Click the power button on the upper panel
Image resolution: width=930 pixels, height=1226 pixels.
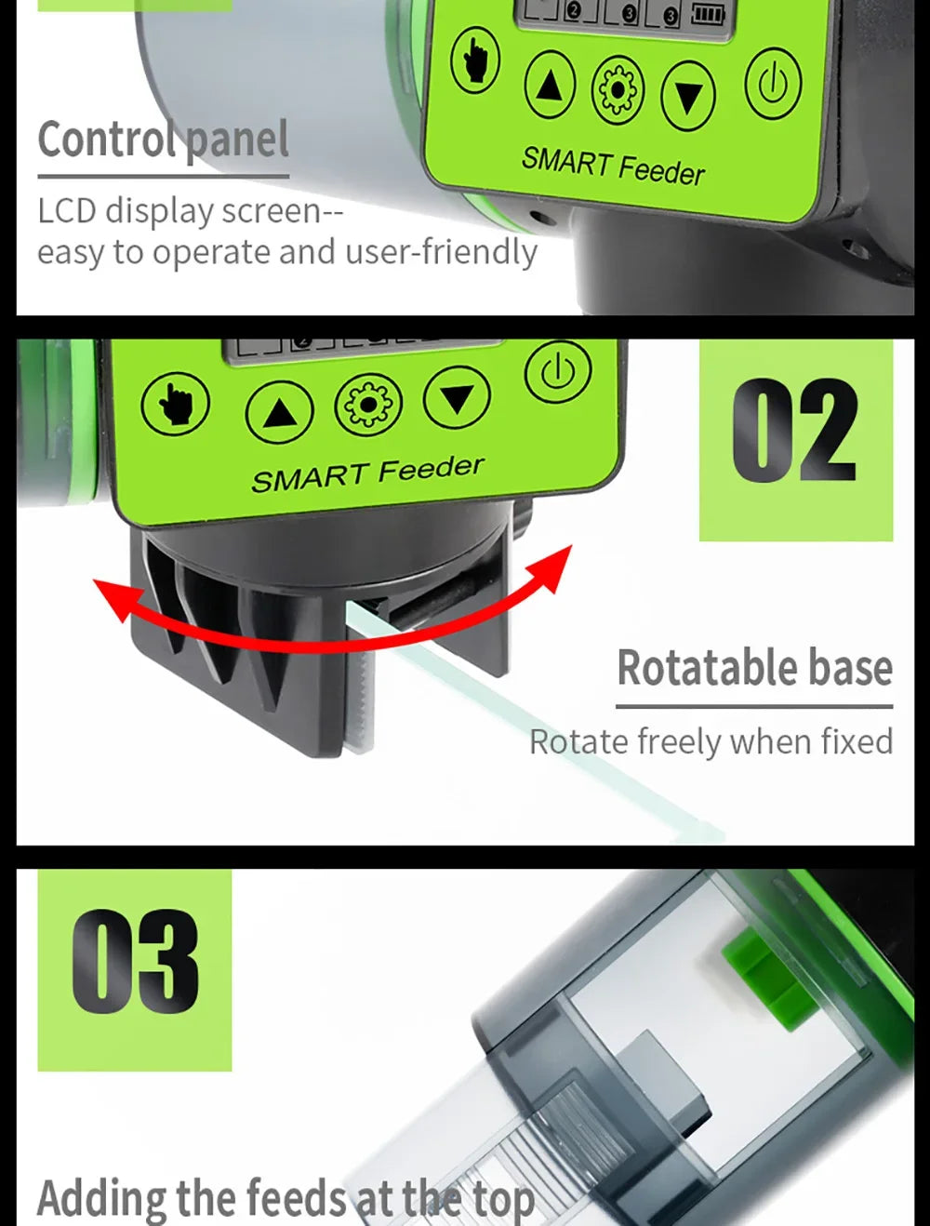pos(773,86)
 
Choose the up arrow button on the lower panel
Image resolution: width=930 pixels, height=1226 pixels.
pos(279,412)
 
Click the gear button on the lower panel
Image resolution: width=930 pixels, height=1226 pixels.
pos(368,405)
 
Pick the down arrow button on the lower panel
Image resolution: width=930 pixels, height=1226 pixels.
pos(457,397)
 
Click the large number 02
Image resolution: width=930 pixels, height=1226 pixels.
pos(794,432)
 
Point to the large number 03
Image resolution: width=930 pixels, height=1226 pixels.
pos(136,963)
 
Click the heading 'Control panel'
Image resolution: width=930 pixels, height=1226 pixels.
pos(163,140)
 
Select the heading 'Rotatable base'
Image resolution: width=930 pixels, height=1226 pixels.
pos(754,668)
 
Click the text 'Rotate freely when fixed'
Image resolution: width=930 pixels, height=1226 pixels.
pos(711,741)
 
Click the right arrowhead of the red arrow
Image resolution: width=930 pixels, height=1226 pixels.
pos(552,564)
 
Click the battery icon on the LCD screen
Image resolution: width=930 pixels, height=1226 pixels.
pos(708,14)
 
